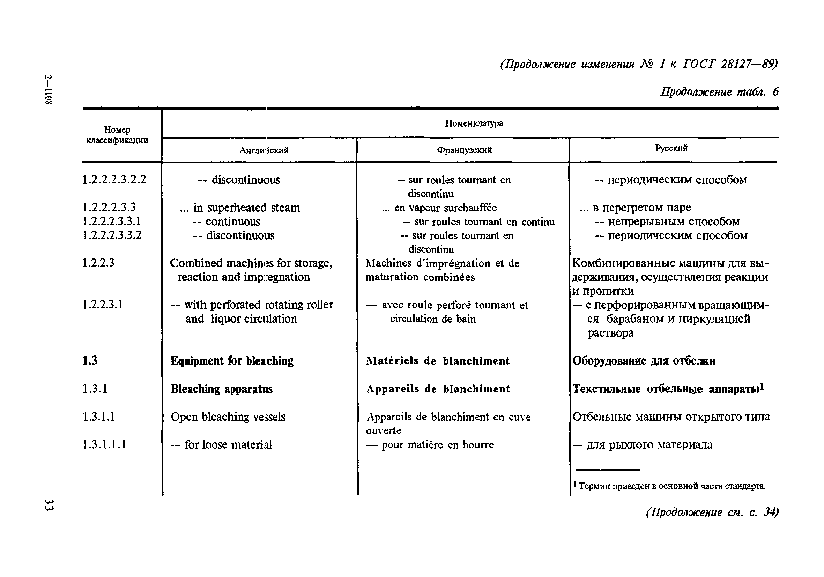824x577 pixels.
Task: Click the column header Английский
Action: pos(264,150)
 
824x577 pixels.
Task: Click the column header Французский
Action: pos(465,150)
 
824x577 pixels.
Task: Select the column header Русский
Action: pos(671,148)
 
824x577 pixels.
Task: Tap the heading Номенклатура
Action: pos(474,123)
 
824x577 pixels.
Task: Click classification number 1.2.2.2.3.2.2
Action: pos(114,179)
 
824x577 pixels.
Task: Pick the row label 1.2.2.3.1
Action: pos(103,305)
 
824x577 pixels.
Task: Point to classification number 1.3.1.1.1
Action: pos(104,444)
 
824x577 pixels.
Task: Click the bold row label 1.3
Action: pos(90,360)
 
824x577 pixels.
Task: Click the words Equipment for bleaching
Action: pos(232,361)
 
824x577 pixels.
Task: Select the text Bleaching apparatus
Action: pos(221,389)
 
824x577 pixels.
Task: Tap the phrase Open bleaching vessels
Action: pos(228,417)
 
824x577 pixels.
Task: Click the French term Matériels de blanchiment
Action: pos(438,361)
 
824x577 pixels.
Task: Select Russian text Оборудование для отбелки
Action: pos(644,361)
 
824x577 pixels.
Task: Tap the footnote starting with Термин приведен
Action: pos(669,486)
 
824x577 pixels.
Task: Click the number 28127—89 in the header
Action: pos(749,64)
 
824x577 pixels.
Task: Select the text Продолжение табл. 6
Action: pos(720,92)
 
